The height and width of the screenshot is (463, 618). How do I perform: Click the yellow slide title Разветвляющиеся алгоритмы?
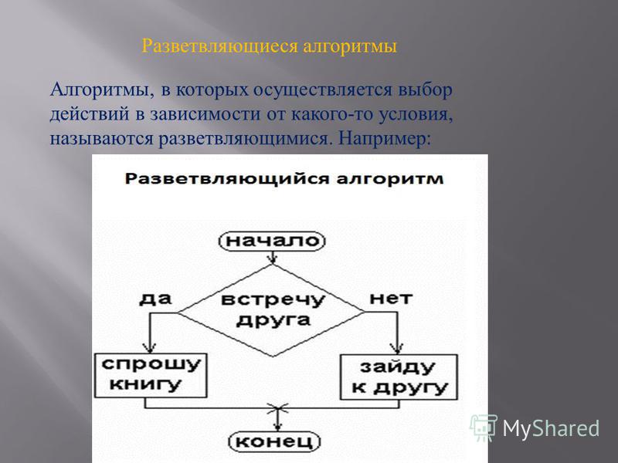[x=269, y=46]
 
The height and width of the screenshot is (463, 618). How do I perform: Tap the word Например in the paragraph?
[x=384, y=139]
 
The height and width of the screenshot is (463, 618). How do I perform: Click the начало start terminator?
[x=272, y=242]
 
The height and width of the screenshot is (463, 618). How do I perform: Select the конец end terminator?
[x=275, y=441]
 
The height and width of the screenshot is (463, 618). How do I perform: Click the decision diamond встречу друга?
[x=272, y=311]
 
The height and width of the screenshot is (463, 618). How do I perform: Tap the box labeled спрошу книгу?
[x=151, y=375]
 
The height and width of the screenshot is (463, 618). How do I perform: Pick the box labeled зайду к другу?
[x=399, y=377]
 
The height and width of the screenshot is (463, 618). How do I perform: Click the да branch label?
[x=156, y=299]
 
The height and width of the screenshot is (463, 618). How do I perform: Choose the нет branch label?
[x=391, y=299]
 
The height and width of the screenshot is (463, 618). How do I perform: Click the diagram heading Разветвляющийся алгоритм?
[x=284, y=179]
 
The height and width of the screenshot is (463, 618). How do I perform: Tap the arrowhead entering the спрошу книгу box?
[x=149, y=349]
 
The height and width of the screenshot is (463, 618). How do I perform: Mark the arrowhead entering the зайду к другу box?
[x=397, y=349]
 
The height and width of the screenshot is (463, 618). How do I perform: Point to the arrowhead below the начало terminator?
[x=272, y=259]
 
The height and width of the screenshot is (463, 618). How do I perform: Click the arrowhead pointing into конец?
[x=277, y=427]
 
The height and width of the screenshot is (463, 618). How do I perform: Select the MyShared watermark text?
[x=551, y=428]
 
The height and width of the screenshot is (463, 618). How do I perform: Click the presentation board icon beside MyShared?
[x=484, y=428]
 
